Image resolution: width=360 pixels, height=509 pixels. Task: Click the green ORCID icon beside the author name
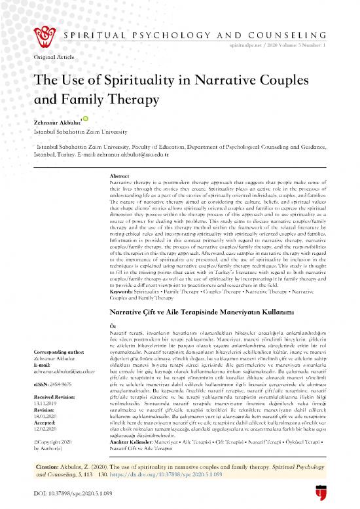tap(84, 118)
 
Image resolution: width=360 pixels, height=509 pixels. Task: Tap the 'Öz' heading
tap(112, 307)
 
